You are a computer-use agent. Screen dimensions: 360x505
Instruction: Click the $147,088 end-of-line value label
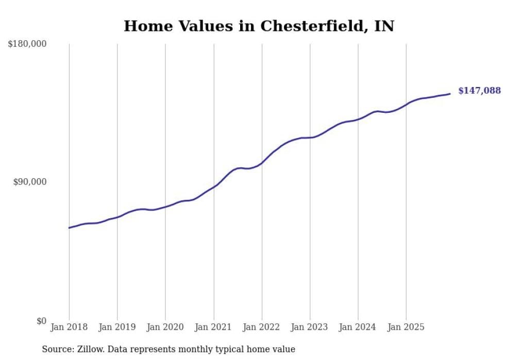(x=479, y=91)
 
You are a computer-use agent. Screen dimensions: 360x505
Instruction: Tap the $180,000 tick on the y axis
(x=27, y=44)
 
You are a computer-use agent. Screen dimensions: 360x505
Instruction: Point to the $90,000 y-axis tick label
(x=29, y=182)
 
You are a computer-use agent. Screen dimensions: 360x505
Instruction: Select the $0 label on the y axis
(x=41, y=321)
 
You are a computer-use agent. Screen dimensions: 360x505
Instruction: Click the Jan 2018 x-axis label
(x=69, y=327)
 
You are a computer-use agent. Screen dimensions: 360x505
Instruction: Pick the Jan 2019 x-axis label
(x=117, y=327)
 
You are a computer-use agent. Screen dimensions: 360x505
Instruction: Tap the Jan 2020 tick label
(x=165, y=327)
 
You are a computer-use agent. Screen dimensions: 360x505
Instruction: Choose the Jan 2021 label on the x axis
(x=213, y=327)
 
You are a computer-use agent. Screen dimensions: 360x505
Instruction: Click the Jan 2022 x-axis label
(x=262, y=327)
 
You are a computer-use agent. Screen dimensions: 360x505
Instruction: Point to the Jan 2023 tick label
(x=310, y=327)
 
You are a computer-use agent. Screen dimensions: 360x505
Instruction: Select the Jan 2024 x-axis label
(x=358, y=327)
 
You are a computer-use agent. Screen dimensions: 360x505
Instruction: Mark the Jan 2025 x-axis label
(x=406, y=327)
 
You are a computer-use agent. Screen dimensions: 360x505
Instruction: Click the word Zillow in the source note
(x=87, y=349)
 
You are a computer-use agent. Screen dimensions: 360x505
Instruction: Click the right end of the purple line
(x=450, y=94)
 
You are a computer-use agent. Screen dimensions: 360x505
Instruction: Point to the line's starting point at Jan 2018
(x=69, y=228)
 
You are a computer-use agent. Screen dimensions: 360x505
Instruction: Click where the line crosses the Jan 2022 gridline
(x=262, y=163)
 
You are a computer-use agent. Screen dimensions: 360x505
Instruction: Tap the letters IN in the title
(x=384, y=26)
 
